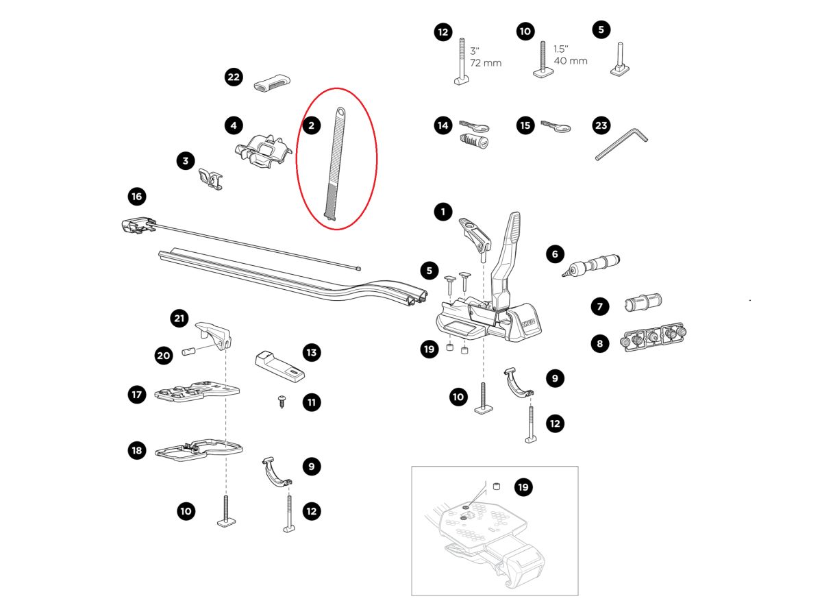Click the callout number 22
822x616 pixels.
coord(234,77)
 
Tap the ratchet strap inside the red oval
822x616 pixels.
coord(335,164)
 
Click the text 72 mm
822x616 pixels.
coord(486,63)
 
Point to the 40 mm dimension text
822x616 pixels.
coord(571,61)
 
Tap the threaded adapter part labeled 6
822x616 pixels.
coord(590,262)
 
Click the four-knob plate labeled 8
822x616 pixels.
coord(653,336)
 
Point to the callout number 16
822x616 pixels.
coord(137,197)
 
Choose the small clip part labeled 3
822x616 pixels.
coord(211,180)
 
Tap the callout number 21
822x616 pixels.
coord(179,318)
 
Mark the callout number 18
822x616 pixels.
coord(137,450)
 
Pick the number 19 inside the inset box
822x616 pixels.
coord(523,487)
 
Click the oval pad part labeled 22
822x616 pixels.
coord(272,85)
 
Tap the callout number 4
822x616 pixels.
coord(234,125)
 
